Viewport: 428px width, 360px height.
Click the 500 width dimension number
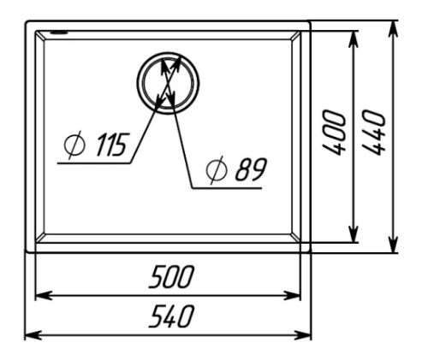click(171, 276)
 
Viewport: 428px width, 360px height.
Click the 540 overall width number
click(171, 316)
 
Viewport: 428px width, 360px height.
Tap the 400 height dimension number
click(334, 133)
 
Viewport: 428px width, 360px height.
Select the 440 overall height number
click(374, 133)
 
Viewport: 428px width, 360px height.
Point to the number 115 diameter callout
click(111, 145)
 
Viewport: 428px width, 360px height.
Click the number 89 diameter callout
click(251, 169)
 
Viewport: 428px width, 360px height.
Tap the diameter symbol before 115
click(74, 145)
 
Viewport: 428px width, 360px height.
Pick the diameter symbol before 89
click(217, 170)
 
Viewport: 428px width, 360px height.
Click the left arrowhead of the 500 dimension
click(44, 296)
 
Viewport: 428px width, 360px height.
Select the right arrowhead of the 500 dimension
click(292, 296)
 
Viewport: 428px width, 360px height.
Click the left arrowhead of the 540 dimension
click(33, 335)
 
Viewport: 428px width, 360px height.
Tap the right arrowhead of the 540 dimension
click(303, 335)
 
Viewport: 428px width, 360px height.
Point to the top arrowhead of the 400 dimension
click(354, 39)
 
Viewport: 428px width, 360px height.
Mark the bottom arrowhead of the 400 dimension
click(354, 234)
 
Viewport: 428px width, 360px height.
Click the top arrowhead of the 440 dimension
click(394, 29)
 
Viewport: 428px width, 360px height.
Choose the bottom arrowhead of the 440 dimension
click(394, 244)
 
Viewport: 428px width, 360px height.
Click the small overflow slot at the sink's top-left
click(59, 32)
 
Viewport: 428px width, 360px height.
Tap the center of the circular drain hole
click(168, 83)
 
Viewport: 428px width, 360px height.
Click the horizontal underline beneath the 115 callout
click(94, 163)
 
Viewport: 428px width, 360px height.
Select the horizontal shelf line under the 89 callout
click(227, 188)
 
